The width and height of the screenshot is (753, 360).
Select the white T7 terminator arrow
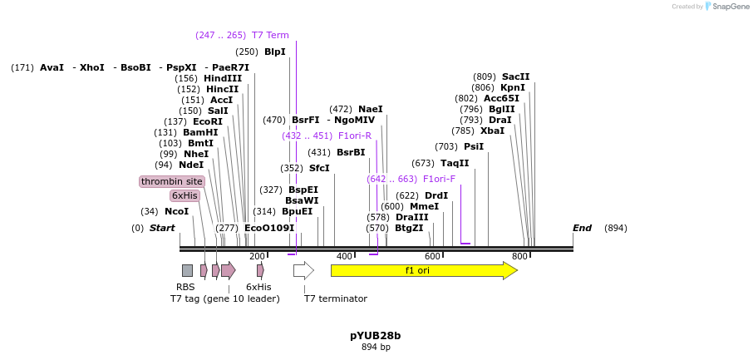tap(303, 270)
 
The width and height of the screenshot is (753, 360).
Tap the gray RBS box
tap(187, 270)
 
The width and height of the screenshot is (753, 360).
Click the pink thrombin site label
tap(172, 181)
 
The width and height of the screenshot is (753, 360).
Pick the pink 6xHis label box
tap(185, 195)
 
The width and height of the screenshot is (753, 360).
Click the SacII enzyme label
tap(515, 76)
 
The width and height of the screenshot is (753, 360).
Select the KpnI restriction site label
tap(512, 87)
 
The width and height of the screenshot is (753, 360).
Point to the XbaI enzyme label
tap(492, 131)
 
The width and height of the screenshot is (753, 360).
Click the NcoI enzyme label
tap(176, 211)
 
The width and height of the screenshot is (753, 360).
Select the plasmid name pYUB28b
tap(376, 336)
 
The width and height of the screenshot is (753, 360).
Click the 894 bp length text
tap(376, 348)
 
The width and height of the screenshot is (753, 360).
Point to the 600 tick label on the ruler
tap(432, 256)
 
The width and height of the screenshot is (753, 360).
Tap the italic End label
tap(582, 228)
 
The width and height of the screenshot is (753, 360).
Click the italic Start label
tap(162, 228)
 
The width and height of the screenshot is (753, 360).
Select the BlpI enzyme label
tap(274, 52)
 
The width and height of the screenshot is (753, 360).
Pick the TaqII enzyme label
tap(455, 163)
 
